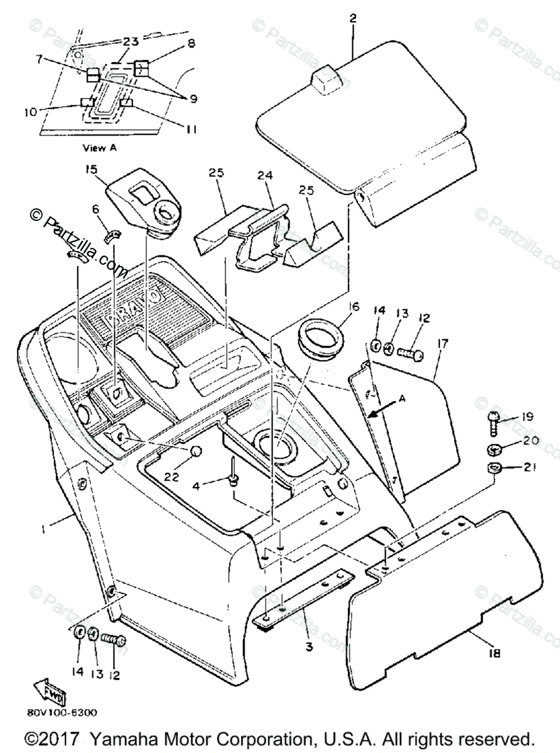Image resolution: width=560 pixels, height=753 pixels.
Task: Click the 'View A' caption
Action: [x=99, y=148]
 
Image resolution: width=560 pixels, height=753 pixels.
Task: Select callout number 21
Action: [x=530, y=467]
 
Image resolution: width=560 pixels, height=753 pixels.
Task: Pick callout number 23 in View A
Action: [x=131, y=41]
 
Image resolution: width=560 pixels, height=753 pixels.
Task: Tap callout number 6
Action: [x=96, y=210]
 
